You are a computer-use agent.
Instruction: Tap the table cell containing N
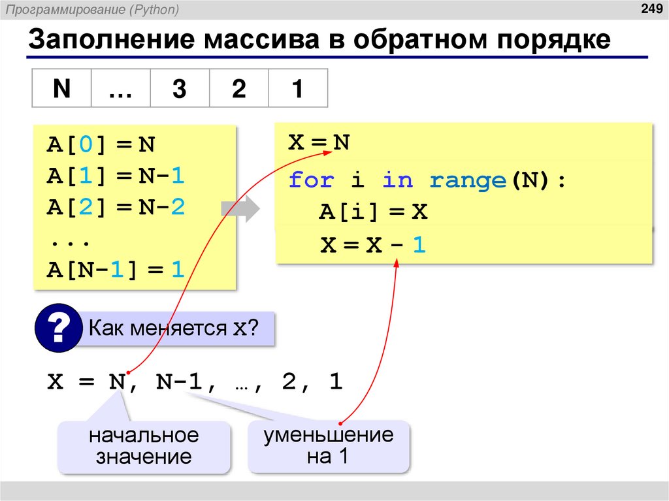coord(61,88)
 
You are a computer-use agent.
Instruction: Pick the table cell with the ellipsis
coord(120,88)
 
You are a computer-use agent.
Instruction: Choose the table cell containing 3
coord(179,88)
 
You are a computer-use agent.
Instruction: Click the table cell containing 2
coord(238,88)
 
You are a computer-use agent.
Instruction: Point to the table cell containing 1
coord(297,88)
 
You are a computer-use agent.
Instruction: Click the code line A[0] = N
coord(101,144)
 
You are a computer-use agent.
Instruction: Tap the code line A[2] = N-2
coord(116,207)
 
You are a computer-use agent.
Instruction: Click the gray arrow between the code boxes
coord(239,209)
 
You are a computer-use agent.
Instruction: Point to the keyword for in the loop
coord(311,180)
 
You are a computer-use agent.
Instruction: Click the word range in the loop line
coord(468,180)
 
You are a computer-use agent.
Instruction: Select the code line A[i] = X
coord(373,212)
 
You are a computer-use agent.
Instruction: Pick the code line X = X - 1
coord(373,246)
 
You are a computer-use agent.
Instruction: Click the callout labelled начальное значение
coord(144,446)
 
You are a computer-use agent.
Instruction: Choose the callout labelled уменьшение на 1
coord(328,446)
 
